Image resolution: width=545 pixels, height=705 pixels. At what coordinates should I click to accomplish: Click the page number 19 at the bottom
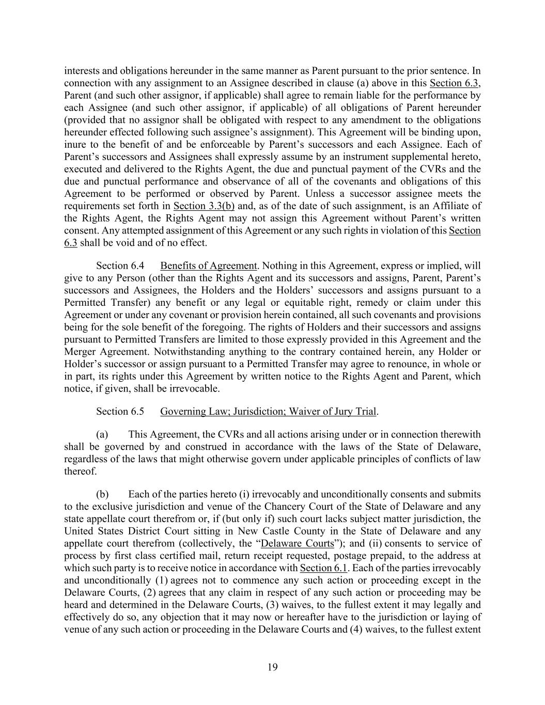point(272,667)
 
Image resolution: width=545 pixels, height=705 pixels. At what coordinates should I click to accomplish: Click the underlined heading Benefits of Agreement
point(208,266)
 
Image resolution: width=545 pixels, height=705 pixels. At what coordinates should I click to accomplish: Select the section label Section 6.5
point(120,412)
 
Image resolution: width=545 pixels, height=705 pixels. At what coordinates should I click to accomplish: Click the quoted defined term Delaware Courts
point(298,543)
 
